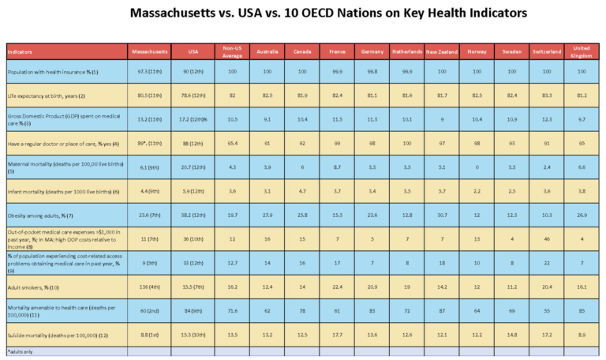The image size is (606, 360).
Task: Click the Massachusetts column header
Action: tap(149, 51)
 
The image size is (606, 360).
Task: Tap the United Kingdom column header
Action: tap(581, 51)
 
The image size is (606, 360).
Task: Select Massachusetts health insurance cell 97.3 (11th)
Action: tap(149, 73)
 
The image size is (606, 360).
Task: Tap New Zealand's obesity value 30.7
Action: tap(440, 215)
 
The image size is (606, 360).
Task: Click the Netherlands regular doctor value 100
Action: tap(406, 142)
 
